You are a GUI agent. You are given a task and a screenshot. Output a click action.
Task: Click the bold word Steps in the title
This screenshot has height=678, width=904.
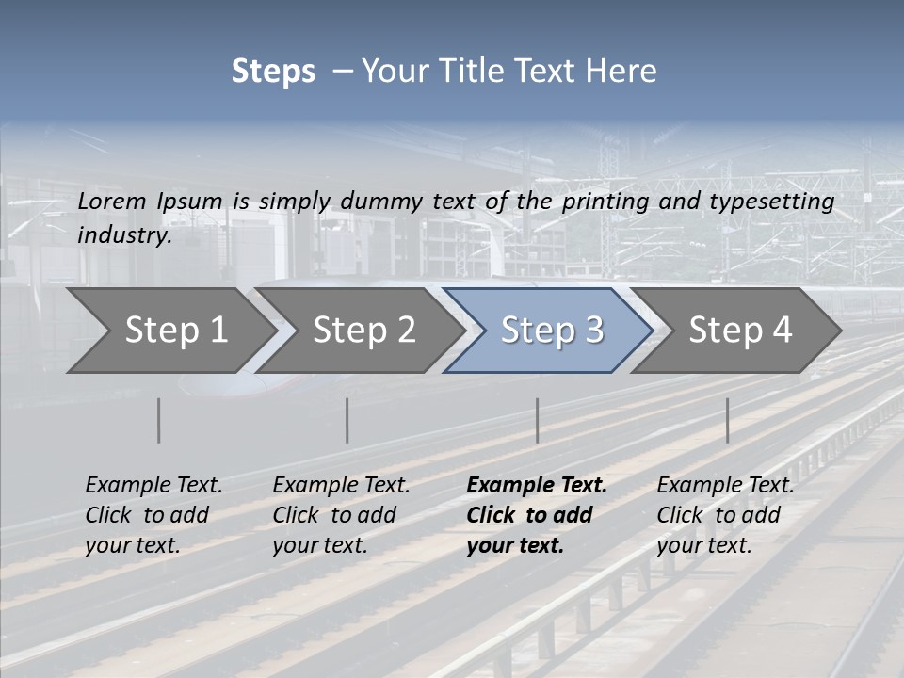pyautogui.click(x=273, y=72)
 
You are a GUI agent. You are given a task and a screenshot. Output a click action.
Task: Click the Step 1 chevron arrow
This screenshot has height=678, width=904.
pyautogui.click(x=169, y=330)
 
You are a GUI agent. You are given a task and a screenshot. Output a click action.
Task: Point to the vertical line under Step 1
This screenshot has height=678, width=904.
pyautogui.click(x=159, y=420)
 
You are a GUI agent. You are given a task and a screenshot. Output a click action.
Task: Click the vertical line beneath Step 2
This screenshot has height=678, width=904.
pyautogui.click(x=347, y=420)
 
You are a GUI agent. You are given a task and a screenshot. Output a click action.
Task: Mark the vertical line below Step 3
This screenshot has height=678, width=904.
pyautogui.click(x=537, y=420)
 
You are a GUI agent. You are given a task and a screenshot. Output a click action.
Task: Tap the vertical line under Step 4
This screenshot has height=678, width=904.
pyautogui.click(x=727, y=420)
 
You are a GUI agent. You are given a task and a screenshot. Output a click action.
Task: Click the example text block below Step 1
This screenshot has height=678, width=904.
pyautogui.click(x=153, y=515)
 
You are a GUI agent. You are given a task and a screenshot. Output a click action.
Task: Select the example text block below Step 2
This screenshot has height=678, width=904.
pyautogui.click(x=341, y=515)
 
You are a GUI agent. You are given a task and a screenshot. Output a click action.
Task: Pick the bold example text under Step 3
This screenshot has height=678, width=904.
pyautogui.click(x=536, y=515)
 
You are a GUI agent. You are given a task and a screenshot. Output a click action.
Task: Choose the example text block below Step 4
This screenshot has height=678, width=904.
pyautogui.click(x=725, y=515)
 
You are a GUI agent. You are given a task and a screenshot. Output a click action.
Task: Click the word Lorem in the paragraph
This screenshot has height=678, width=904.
pyautogui.click(x=112, y=202)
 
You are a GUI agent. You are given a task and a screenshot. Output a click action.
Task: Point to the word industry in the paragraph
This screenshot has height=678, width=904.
pyautogui.click(x=124, y=235)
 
